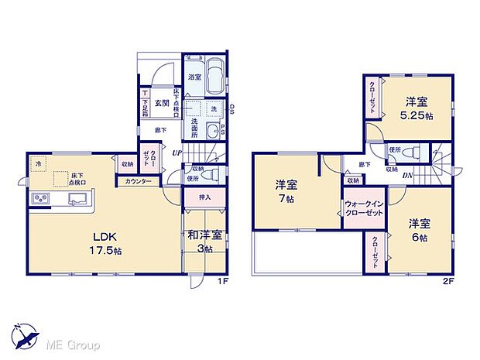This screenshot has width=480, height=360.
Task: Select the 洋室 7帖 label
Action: pyautogui.click(x=286, y=190)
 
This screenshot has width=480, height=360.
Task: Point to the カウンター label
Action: pyautogui.click(x=139, y=181)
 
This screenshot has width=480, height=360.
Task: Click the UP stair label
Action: pyautogui.click(x=177, y=153)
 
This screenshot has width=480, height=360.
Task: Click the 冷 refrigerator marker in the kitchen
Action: pyautogui.click(x=37, y=163)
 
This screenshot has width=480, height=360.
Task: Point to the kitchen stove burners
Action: pyautogui.click(x=40, y=200)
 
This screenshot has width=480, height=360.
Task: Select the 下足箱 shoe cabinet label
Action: pyautogui.click(x=146, y=103)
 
